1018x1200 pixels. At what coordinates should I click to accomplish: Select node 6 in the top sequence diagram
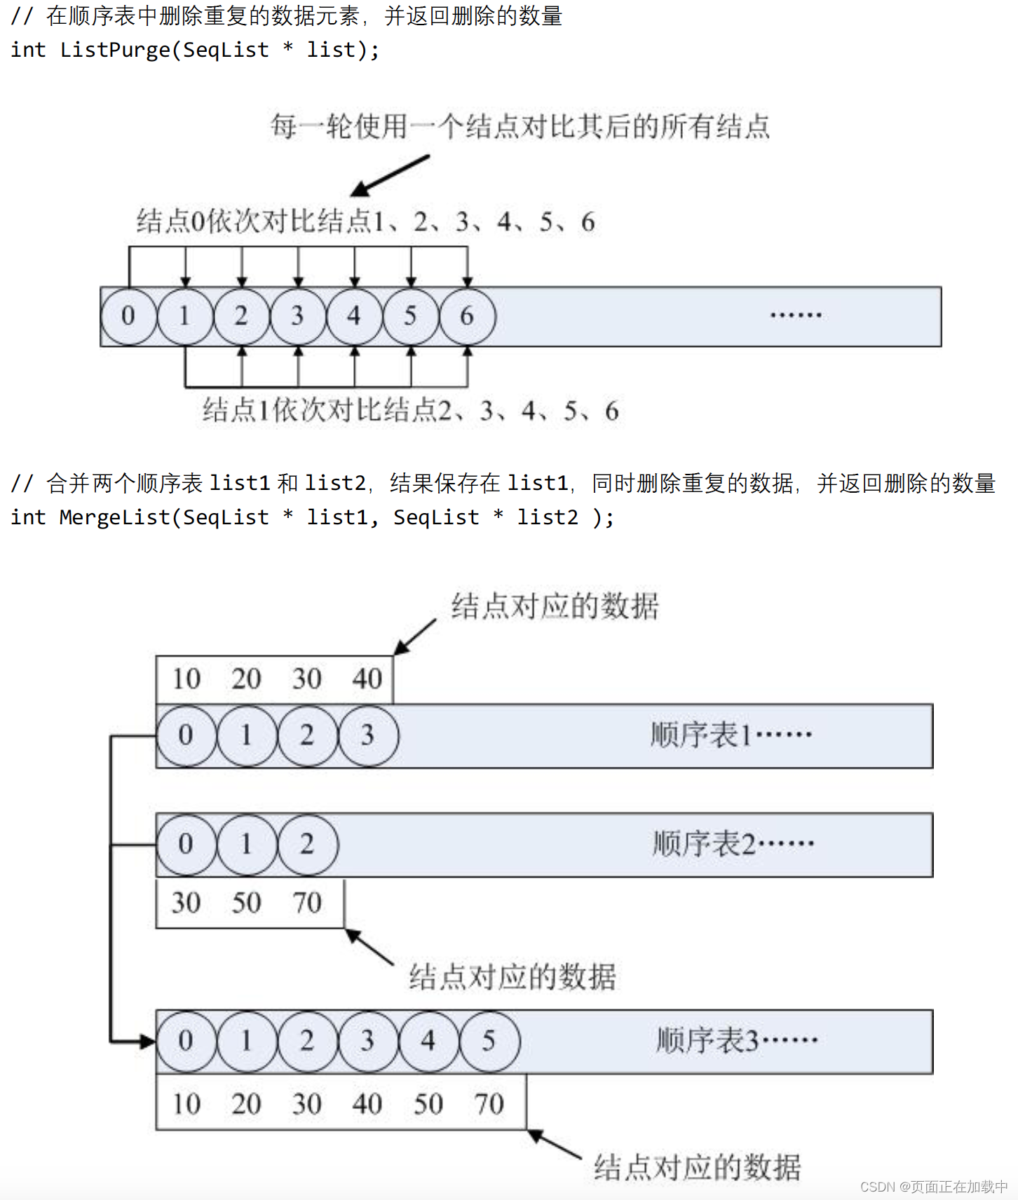[467, 316]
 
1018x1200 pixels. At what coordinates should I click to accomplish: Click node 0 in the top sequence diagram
[128, 316]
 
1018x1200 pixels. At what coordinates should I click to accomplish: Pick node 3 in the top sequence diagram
[298, 316]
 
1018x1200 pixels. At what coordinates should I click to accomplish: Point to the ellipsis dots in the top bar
[796, 315]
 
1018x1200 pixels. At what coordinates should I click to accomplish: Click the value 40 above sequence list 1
[367, 679]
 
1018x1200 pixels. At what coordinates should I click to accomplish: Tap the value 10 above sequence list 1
[186, 679]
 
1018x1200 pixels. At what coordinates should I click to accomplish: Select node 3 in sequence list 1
[367, 735]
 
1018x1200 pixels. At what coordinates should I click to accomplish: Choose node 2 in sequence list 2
[307, 844]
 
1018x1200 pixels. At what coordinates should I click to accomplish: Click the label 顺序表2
[704, 844]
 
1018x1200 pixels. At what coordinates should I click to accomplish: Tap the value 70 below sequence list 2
[307, 903]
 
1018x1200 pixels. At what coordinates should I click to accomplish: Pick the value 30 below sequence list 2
[186, 903]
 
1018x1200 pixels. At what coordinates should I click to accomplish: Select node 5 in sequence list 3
[489, 1041]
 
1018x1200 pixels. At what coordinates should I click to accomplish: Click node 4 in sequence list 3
[428, 1041]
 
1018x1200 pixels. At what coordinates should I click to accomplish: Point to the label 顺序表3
[707, 1041]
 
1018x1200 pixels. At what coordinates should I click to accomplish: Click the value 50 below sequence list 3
[428, 1104]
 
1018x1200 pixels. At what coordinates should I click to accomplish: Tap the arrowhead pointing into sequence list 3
[148, 1042]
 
